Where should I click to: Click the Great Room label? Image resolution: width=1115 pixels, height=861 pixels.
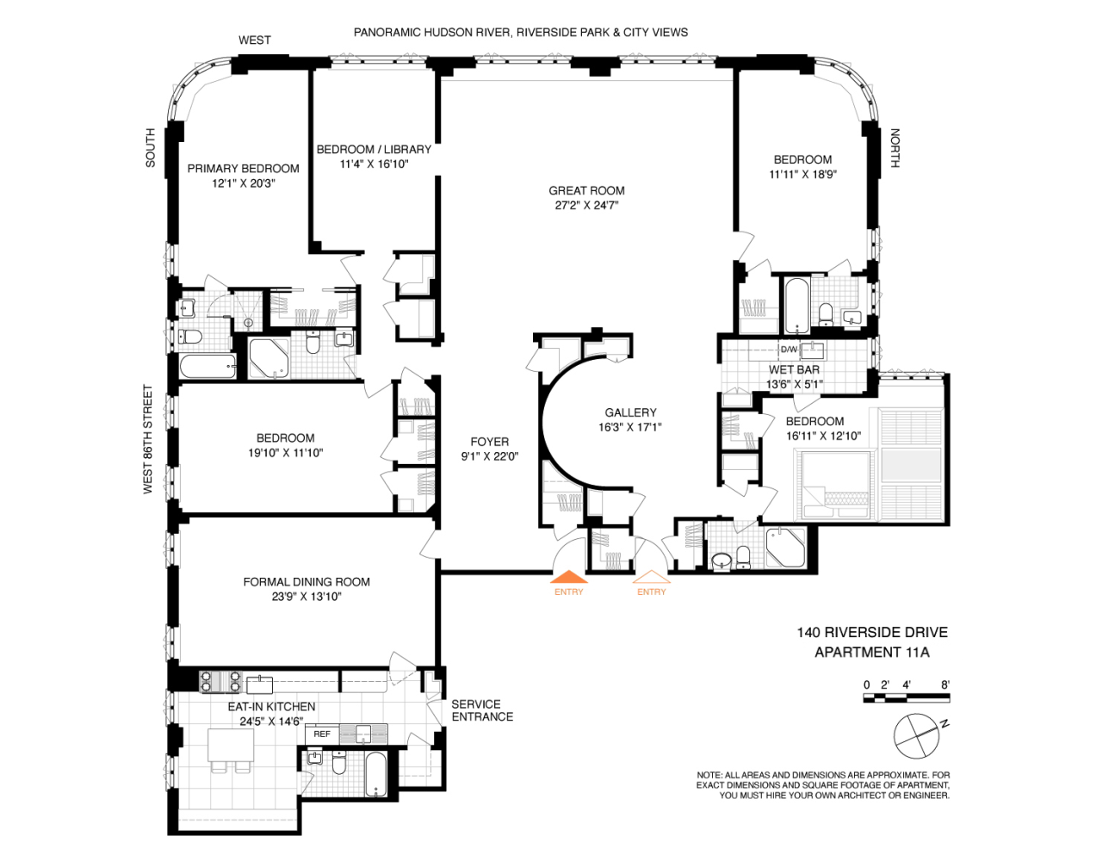[586, 190]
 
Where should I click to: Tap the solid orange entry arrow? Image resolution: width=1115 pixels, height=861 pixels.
[568, 577]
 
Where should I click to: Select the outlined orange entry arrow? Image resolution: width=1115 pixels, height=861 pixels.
[651, 577]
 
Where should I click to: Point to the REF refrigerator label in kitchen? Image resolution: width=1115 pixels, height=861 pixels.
[322, 734]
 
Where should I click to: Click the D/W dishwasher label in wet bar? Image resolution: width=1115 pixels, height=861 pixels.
[789, 350]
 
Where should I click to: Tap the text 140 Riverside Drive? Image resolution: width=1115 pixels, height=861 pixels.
[871, 632]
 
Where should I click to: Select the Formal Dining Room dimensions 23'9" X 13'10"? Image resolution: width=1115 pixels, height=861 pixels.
[307, 596]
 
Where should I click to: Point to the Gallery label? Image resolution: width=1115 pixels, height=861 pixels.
[630, 412]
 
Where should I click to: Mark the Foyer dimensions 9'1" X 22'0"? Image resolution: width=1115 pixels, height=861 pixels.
[489, 456]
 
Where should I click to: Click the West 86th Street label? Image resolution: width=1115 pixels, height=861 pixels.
[147, 439]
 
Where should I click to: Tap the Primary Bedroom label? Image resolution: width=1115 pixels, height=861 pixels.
[243, 169]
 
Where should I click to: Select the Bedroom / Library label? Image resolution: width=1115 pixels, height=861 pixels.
[374, 149]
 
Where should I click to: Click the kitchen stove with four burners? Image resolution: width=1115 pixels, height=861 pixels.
[220, 681]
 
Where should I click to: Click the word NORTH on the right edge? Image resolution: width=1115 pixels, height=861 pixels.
[895, 148]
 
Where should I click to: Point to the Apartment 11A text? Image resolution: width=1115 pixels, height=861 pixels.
[871, 652]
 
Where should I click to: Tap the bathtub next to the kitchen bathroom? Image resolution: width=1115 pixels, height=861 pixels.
[376, 774]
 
